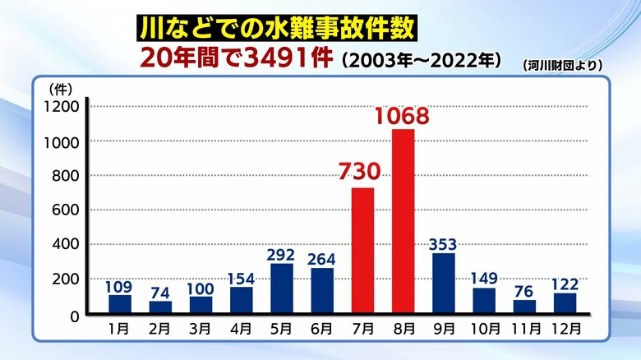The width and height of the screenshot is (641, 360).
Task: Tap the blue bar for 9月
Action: [x=443, y=283]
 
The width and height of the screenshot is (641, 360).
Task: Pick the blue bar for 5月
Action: [x=282, y=288]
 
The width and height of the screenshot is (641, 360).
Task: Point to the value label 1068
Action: [x=402, y=116]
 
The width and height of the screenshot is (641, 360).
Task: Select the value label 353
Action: [x=443, y=243]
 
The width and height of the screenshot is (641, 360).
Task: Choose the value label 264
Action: [x=322, y=258]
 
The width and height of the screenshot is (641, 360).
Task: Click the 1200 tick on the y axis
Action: [x=62, y=107]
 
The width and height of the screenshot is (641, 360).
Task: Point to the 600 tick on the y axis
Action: [x=67, y=210]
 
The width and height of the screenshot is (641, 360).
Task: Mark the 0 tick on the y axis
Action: [x=74, y=315]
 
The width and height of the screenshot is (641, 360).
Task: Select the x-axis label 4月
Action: [x=241, y=329]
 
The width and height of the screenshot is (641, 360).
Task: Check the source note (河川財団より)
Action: [x=562, y=64]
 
